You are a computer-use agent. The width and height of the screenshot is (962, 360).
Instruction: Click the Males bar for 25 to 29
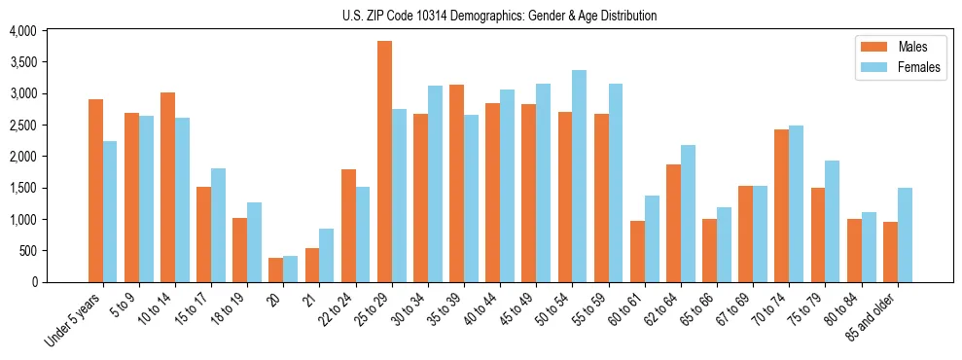click(384, 162)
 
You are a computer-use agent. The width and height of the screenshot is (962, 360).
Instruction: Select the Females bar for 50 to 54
click(579, 176)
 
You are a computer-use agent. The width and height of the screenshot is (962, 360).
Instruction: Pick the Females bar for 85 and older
click(904, 234)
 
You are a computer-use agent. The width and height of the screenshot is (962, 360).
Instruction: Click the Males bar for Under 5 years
click(95, 191)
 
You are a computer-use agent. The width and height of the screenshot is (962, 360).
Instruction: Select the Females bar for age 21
click(327, 255)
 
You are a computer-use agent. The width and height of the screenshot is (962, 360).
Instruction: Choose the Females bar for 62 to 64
click(687, 213)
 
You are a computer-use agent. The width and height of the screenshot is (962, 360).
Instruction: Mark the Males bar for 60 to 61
click(637, 251)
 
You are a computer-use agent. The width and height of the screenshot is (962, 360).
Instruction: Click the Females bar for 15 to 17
click(218, 225)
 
